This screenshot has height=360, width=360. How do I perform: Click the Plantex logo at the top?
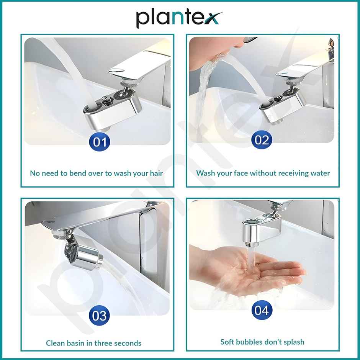pyautogui.click(x=179, y=18)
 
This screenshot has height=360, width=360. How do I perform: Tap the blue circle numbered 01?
pyautogui.click(x=100, y=142)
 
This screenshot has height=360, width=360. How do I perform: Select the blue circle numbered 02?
pyautogui.click(x=262, y=140)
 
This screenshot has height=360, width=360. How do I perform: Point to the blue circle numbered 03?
pyautogui.click(x=99, y=316)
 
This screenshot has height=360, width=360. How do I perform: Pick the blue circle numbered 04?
pyautogui.click(x=262, y=310)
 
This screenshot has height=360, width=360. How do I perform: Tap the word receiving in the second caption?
pyautogui.click(x=288, y=173)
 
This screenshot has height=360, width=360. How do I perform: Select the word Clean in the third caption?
pyautogui.click(x=55, y=343)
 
